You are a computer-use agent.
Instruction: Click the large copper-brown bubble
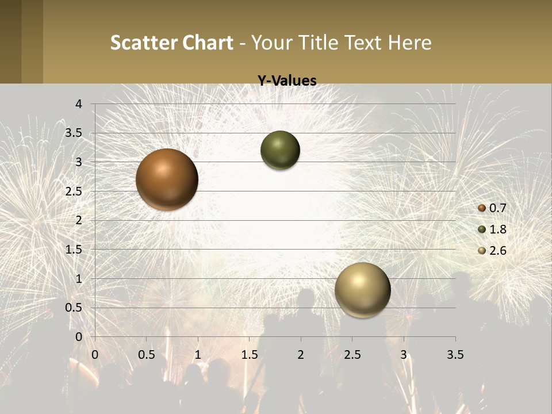pyautogui.click(x=167, y=179)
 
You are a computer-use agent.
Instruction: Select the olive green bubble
pyautogui.click(x=280, y=150)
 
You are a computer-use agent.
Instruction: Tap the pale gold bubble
pyautogui.click(x=362, y=290)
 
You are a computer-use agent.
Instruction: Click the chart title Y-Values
pyautogui.click(x=286, y=81)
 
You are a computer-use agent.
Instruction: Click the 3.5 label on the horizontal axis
pyautogui.click(x=455, y=355)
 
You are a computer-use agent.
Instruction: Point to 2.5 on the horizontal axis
pyautogui.click(x=352, y=355)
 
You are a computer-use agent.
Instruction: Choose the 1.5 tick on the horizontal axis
pyautogui.click(x=249, y=355)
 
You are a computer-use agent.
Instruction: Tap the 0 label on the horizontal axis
pyautogui.click(x=95, y=355)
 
